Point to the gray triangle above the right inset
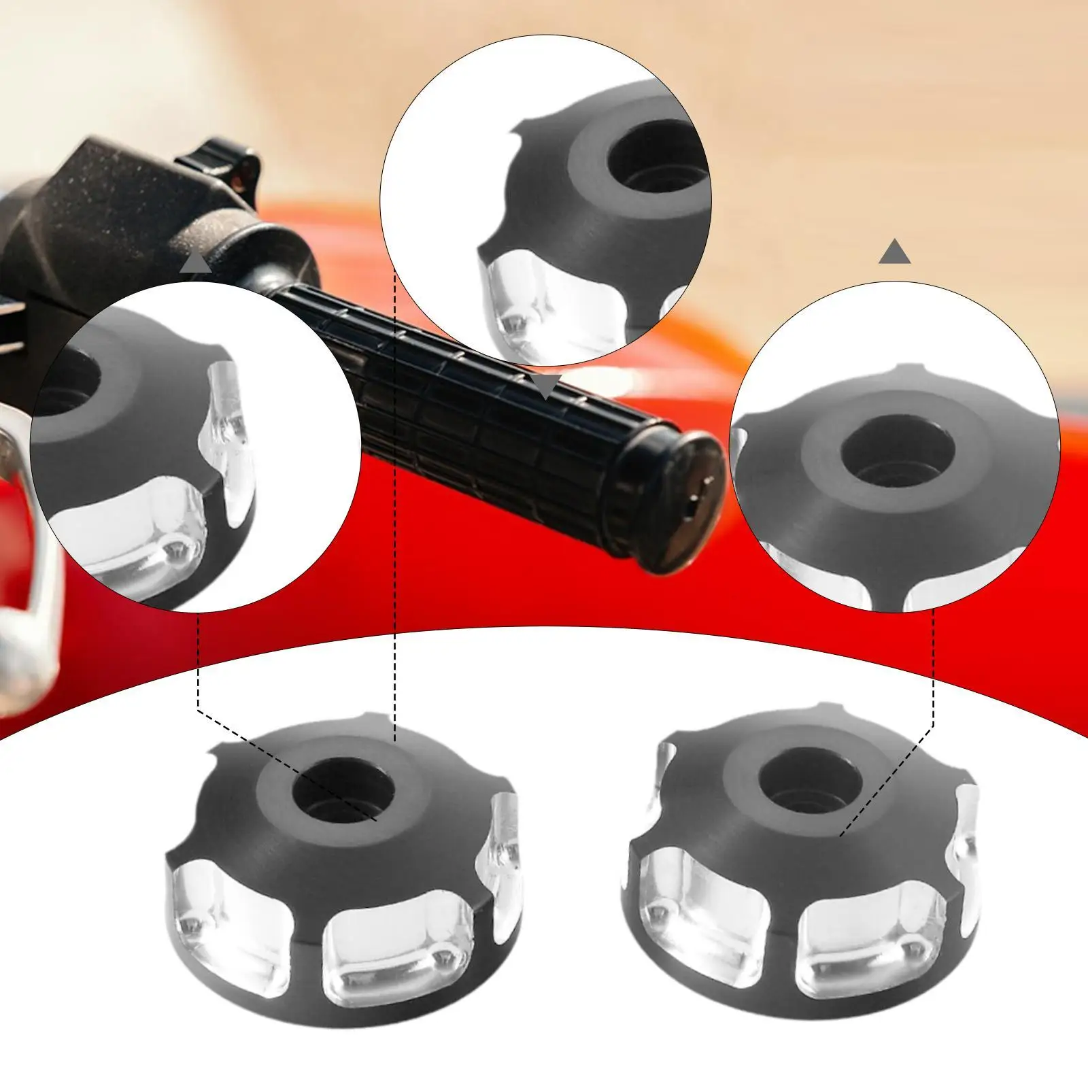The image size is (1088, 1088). (894, 252)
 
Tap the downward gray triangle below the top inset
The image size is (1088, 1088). (546, 386)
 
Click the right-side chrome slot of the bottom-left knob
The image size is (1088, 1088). (503, 840)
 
